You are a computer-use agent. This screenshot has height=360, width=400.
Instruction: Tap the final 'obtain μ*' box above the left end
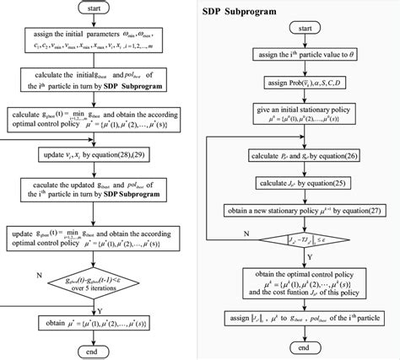(x=99, y=323)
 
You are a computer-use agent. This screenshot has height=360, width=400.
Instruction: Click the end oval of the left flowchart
(x=99, y=351)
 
